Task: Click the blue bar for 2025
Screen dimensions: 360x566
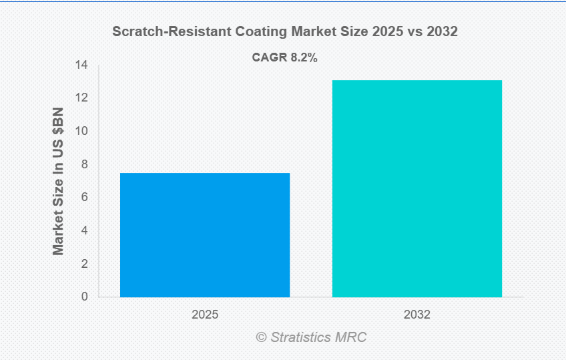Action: pos(205,234)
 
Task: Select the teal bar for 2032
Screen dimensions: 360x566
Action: pos(417,188)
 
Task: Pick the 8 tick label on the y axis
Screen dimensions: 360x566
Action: pos(84,164)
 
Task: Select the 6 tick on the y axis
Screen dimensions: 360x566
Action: pos(84,198)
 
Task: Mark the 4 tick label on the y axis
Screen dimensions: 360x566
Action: pos(84,230)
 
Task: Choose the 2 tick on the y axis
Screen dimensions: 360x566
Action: pos(84,264)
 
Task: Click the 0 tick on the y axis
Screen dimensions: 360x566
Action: pos(84,297)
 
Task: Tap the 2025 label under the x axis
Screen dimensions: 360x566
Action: pos(205,314)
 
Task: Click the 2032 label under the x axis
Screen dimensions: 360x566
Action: pos(417,314)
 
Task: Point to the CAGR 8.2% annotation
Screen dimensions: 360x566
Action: pos(284,57)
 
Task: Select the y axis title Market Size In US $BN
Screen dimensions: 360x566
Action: pos(58,181)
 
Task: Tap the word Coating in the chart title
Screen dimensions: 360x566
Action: pos(243,31)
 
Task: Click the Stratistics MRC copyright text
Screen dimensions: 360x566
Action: pos(311,337)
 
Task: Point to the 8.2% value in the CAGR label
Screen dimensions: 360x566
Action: pos(304,57)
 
